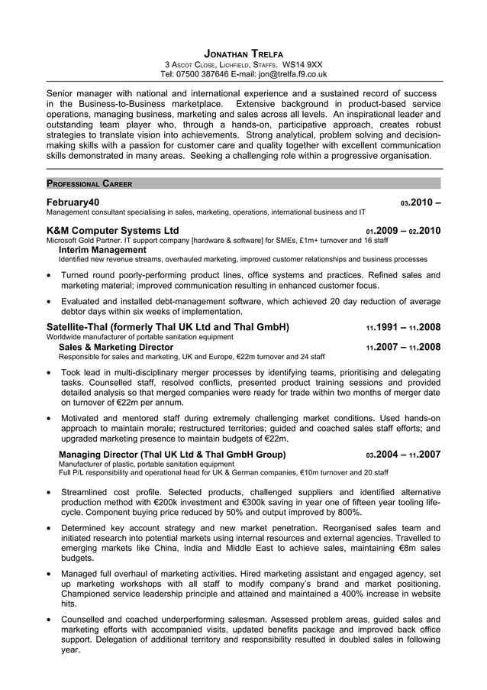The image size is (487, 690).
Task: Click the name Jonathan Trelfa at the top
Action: click(244, 53)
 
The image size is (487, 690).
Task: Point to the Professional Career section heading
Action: click(89, 183)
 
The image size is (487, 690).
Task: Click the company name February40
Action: click(73, 202)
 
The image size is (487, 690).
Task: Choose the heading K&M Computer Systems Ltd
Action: click(112, 230)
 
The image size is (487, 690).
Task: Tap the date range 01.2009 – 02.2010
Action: click(403, 231)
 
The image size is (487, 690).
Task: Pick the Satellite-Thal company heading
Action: click(168, 327)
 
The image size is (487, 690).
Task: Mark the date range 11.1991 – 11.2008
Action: click(403, 328)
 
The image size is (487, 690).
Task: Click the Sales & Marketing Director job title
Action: click(116, 346)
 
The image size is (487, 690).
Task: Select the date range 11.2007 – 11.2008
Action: click(403, 347)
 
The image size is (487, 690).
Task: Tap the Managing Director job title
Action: click(173, 454)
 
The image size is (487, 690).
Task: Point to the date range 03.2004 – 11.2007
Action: click(403, 455)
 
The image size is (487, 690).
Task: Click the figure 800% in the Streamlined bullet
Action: click(348, 512)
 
